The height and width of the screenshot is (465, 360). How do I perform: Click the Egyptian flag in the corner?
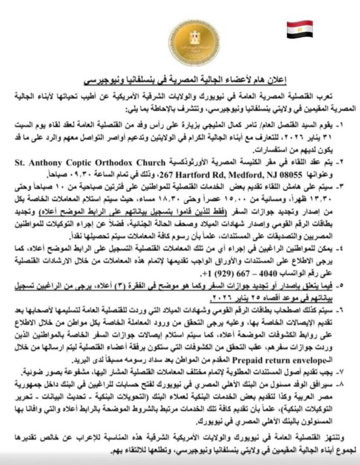coord(298,30)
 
